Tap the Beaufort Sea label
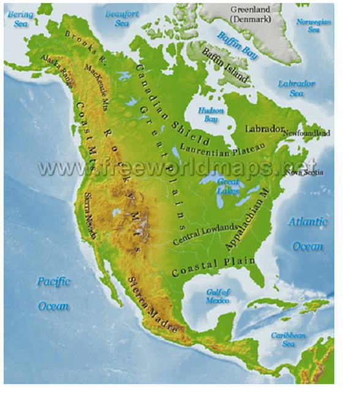[x=122, y=18]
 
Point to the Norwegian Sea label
[x=313, y=25]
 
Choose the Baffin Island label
[x=226, y=66]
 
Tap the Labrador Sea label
[x=296, y=88]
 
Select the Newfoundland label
[x=307, y=133]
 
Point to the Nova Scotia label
[x=304, y=172]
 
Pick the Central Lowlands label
[x=204, y=234]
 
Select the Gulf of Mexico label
[x=217, y=296]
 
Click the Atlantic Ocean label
[x=308, y=234]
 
